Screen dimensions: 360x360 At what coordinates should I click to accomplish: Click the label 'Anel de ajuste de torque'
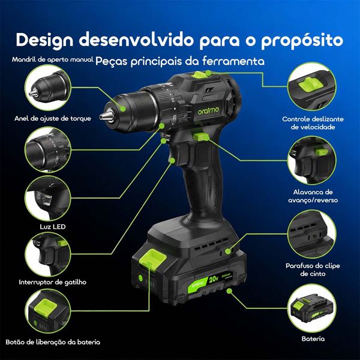53,118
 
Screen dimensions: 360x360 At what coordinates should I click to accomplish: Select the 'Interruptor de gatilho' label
52,281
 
